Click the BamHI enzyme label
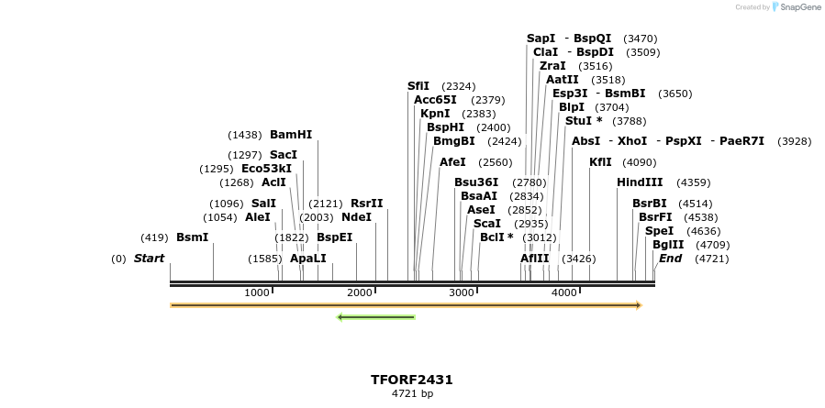[x=291, y=135]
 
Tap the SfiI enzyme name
[x=418, y=86]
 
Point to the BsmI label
[x=193, y=237]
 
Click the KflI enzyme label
[x=600, y=162]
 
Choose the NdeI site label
[x=356, y=217]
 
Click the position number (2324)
[x=459, y=86]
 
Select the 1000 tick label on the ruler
[x=257, y=292]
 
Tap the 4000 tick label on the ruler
[x=564, y=292]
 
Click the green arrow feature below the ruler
[x=376, y=317]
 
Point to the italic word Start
[x=149, y=259]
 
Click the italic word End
[x=671, y=259]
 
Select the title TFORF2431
[x=412, y=380]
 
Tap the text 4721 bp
[x=412, y=394]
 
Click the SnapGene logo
[x=796, y=7]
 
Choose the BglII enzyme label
[x=667, y=245]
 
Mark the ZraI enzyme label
[x=552, y=66]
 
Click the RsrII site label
[x=367, y=204]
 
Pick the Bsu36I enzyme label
[x=476, y=182]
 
